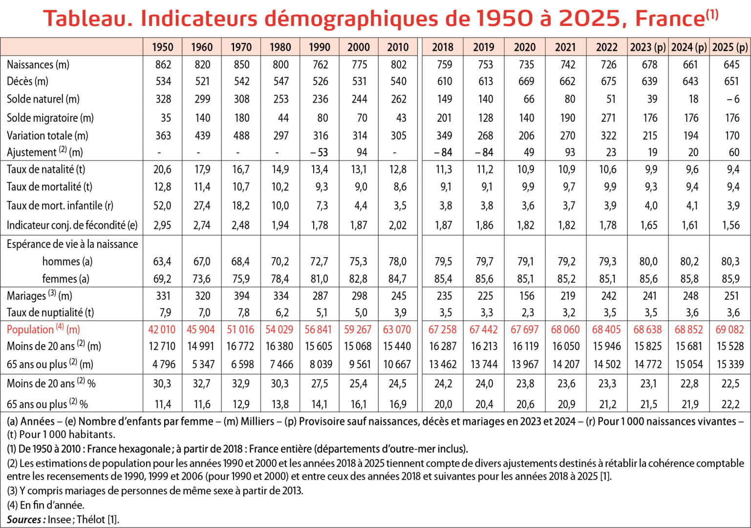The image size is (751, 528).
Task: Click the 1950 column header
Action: point(163,47)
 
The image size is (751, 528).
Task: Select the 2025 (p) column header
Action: point(730,47)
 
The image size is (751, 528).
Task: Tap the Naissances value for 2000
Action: point(359,65)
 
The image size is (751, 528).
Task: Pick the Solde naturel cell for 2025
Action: point(733,99)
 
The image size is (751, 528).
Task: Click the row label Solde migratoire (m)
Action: point(50,118)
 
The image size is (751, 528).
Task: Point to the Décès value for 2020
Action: point(526,81)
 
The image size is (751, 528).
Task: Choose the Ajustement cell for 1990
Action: point(319,153)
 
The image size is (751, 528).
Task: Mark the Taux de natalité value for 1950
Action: point(162,170)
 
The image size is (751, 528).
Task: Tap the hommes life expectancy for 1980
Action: point(280,262)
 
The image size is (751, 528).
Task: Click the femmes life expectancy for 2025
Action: point(730,279)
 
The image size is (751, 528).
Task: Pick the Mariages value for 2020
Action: point(527,296)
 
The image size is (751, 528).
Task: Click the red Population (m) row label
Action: point(43,330)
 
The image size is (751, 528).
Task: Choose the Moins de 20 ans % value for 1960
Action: point(202,384)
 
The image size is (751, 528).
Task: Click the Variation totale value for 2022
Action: point(608,135)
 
